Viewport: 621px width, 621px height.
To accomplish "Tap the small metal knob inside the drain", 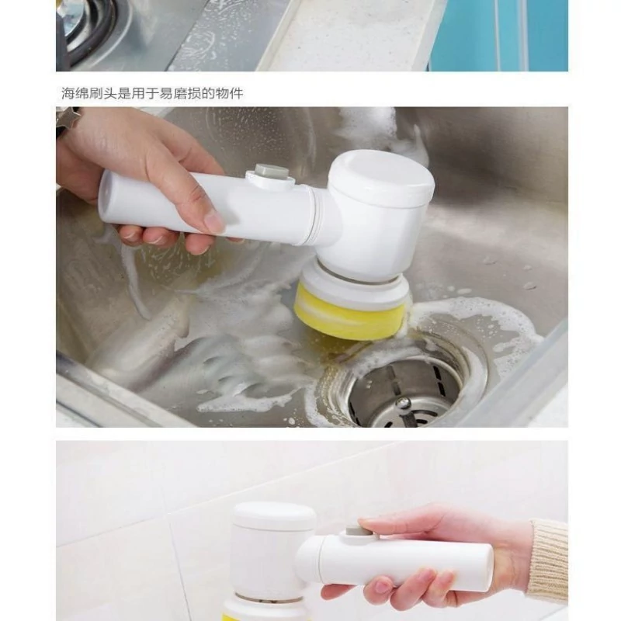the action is pyautogui.click(x=403, y=404).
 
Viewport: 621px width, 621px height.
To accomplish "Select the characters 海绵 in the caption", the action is pyautogui.click(x=75, y=93).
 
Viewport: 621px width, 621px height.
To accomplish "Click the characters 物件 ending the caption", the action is pyautogui.click(x=229, y=93).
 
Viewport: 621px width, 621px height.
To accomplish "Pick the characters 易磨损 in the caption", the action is pyautogui.click(x=180, y=93).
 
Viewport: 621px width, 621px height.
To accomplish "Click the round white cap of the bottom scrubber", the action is pyautogui.click(x=274, y=515).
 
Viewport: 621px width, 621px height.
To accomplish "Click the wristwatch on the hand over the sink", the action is pyautogui.click(x=68, y=118).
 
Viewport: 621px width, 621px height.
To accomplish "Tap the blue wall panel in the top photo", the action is pyautogui.click(x=499, y=35).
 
